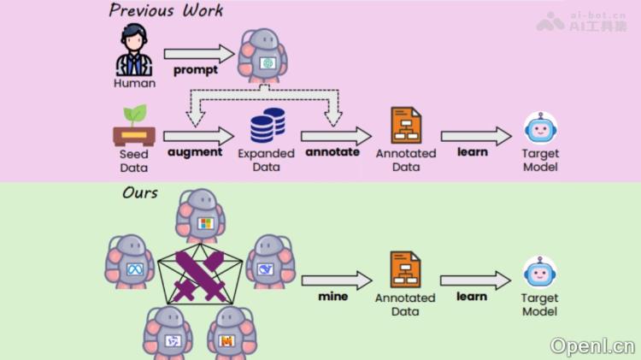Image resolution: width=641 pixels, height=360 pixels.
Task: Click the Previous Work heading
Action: pos(166,11)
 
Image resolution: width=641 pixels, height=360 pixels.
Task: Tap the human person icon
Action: pos(134,50)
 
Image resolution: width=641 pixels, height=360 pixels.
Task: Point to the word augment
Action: pos(195,152)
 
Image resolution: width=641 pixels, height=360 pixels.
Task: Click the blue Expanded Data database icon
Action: pos(267,126)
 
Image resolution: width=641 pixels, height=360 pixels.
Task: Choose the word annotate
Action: pos(333,152)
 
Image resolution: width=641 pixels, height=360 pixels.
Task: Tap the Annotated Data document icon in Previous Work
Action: pos(406,126)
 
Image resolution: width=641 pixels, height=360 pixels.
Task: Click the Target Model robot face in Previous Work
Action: pos(540,130)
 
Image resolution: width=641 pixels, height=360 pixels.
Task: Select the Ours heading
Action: pos(140,192)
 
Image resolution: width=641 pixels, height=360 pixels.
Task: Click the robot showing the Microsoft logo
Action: pos(202,217)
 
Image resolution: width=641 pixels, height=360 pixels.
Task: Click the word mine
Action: pos(333,297)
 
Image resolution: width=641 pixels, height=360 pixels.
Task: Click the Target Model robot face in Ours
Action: pos(540,274)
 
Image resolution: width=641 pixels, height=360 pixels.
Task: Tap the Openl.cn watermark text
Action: pos(592,345)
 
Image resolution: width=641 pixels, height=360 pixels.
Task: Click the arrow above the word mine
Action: pos(336,280)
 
